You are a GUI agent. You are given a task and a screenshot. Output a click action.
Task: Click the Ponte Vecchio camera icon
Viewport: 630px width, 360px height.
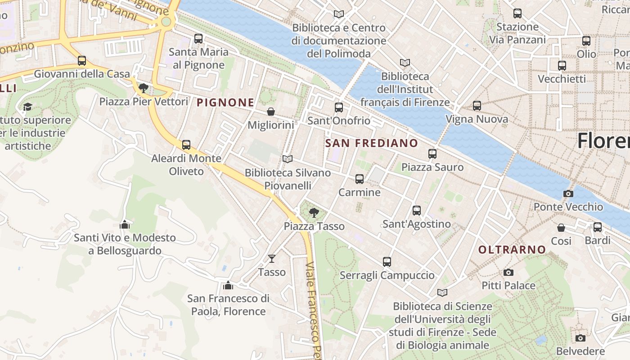coord(568,193)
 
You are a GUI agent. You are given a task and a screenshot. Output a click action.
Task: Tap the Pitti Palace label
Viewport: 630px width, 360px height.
coord(508,285)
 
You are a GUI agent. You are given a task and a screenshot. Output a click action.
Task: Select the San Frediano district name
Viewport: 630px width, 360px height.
coord(371,143)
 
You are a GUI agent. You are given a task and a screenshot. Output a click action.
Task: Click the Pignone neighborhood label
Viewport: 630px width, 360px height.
coord(225,103)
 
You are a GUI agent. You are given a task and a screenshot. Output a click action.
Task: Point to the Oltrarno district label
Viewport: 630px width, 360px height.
coord(512,249)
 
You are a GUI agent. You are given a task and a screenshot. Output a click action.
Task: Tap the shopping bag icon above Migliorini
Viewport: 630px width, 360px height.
coord(271,111)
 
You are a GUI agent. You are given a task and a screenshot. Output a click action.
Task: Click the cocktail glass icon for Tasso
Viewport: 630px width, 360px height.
coord(272,258)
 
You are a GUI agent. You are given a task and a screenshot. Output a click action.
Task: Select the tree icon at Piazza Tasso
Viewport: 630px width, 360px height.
coord(314,212)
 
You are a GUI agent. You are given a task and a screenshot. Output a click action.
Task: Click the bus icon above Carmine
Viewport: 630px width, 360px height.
coord(360,179)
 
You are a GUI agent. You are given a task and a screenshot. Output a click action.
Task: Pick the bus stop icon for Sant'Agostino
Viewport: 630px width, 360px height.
coord(417,210)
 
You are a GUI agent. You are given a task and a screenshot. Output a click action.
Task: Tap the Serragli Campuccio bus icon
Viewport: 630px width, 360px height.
coord(387,261)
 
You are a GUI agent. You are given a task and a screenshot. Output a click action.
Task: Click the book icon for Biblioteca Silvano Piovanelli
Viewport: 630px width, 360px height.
coord(288,159)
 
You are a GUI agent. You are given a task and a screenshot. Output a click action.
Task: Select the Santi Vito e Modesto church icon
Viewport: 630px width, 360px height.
coord(125,224)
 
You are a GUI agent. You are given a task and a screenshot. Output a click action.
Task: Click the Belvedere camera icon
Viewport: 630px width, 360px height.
coord(580,337)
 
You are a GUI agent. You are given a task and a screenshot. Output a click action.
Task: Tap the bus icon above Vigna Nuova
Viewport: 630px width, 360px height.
coord(477,106)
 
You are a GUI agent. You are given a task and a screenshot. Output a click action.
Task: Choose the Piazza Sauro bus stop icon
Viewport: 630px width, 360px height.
coord(432,153)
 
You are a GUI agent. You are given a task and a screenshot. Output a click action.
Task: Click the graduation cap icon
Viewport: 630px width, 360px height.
coord(28,107)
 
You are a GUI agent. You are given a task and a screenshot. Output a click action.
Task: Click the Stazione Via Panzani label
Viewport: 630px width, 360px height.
coord(517,33)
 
